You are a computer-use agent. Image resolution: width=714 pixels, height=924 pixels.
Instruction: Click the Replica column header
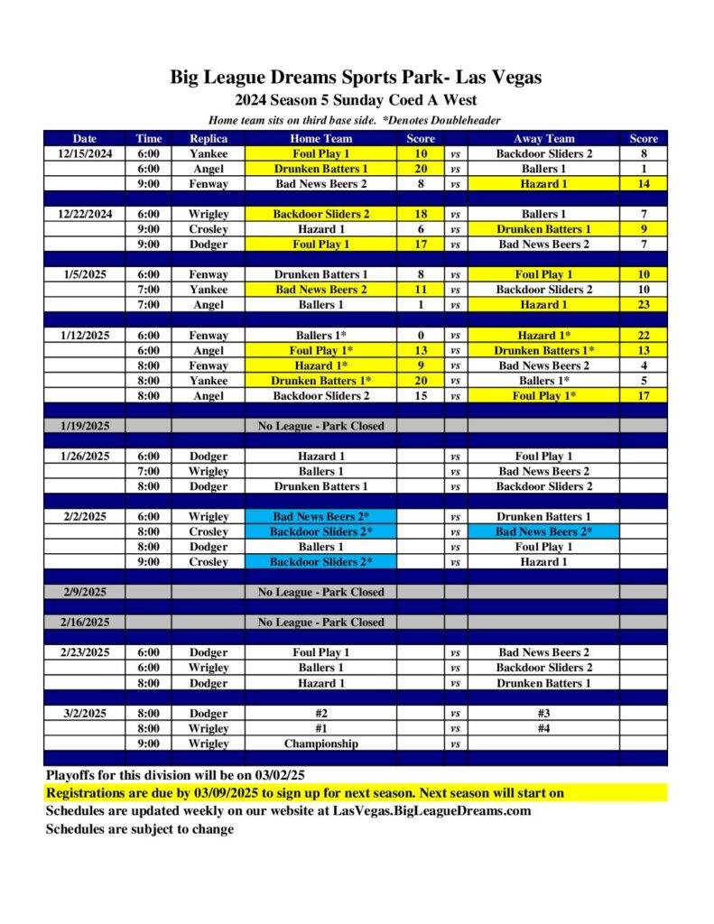click(209, 139)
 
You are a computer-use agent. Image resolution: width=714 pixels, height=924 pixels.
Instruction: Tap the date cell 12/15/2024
click(85, 154)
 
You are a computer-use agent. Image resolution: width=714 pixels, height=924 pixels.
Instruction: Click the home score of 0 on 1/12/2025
click(421, 336)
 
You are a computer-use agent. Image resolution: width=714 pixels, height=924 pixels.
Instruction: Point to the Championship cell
click(320, 744)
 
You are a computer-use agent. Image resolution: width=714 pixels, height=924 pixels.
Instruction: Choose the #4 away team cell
click(543, 729)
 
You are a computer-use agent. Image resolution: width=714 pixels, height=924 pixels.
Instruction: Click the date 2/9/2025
click(85, 593)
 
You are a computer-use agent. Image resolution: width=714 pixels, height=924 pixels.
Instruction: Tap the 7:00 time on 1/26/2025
click(149, 472)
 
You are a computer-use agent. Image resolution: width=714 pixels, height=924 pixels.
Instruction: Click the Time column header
click(149, 139)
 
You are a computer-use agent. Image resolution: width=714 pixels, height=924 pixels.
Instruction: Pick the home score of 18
click(421, 215)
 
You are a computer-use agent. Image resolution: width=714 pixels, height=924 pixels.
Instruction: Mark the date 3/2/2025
click(85, 714)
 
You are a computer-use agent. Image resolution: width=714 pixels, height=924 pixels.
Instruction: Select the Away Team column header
click(543, 139)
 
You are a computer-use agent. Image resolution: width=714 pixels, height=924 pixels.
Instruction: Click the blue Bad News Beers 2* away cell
click(543, 532)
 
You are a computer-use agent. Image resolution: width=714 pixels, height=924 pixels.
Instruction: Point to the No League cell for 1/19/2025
click(320, 426)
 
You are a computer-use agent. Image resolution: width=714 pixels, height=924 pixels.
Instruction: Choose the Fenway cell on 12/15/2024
click(209, 184)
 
